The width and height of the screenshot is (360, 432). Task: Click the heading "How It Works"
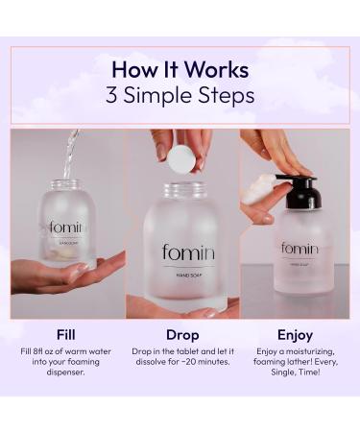point(180,69)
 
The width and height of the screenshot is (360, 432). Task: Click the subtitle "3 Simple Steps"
point(180,95)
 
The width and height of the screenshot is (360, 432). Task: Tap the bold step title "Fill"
point(66,335)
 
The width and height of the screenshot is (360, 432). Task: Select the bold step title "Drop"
point(181,335)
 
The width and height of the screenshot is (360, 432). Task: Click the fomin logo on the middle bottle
point(188,253)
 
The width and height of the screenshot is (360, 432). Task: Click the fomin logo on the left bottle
point(67,228)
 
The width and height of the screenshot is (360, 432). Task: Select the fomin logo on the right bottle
point(300,249)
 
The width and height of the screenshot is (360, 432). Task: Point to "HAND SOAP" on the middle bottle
point(188,276)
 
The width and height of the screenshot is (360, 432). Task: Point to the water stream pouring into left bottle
point(69,154)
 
